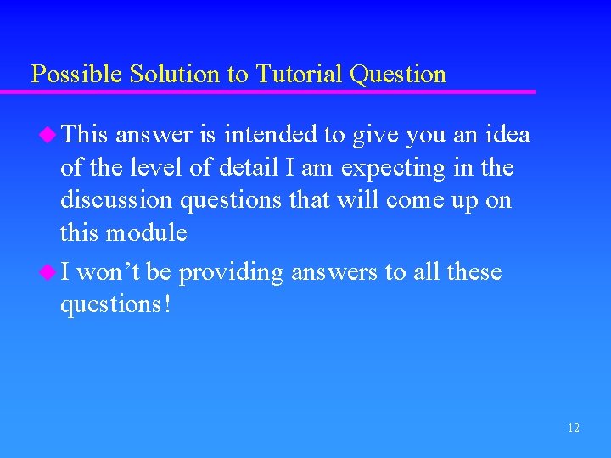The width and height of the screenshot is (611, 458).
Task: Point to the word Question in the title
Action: (397, 75)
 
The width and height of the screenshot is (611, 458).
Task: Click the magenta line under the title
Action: (280, 92)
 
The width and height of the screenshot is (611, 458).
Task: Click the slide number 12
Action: (574, 428)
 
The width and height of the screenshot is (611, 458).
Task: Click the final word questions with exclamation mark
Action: (115, 304)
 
